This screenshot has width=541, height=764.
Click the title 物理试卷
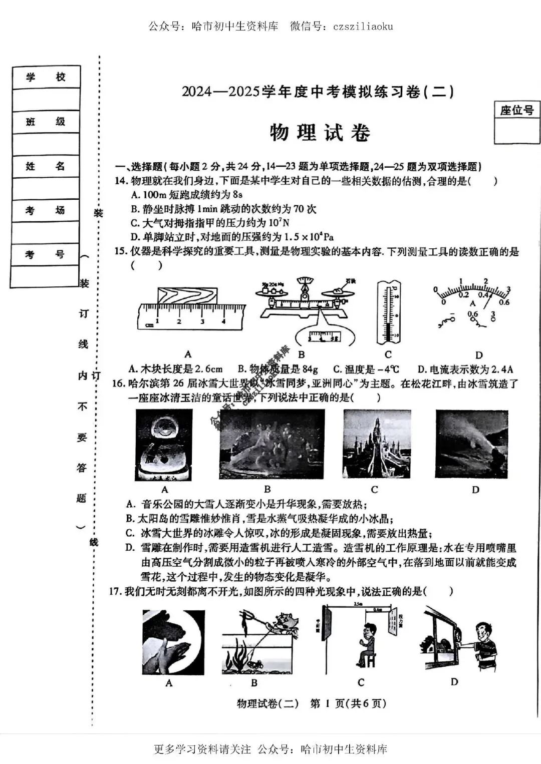click(x=320, y=133)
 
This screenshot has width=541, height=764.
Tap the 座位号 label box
click(x=516, y=110)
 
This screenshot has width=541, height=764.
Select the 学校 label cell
click(x=46, y=77)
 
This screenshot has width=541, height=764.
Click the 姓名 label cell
click(x=46, y=166)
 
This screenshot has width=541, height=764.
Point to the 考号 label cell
click(x=46, y=254)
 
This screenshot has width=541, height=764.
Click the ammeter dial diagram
click(x=471, y=305)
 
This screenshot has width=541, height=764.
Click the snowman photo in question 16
click(x=164, y=445)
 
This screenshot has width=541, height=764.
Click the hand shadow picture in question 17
click(x=173, y=642)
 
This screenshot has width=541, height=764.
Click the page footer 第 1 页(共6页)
click(x=348, y=703)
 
